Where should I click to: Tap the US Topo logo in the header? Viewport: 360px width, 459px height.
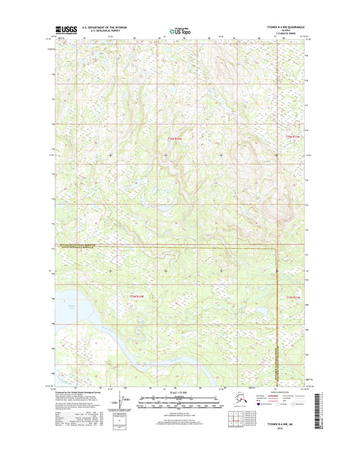pyautogui.click(x=179, y=30)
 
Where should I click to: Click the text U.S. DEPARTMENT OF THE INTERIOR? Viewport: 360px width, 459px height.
pyautogui.click(x=104, y=27)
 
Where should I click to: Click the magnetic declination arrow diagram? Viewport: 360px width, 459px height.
pyautogui.click(x=122, y=403)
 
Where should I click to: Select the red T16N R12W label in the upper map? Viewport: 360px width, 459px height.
pyautogui.click(x=175, y=139)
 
